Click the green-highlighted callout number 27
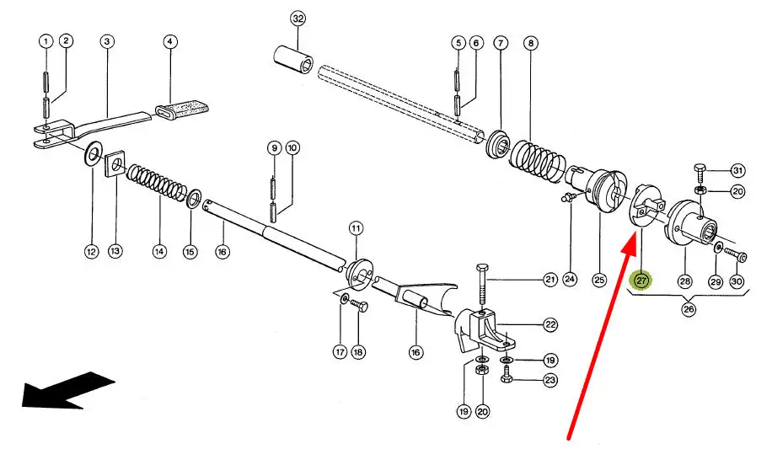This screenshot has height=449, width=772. pos(641,281)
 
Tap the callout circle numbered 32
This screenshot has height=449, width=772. pos(298,19)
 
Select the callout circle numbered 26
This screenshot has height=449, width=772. pos(689,309)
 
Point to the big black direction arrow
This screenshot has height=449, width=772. pos(68,389)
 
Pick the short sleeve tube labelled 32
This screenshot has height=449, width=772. pos(293,60)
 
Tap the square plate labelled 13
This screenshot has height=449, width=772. pos(115,164)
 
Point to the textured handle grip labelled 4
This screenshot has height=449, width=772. pos(182,110)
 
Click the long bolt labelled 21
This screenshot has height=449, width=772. pos(482,285)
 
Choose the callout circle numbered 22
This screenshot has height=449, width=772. pos(550,324)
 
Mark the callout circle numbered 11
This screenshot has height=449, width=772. pos(356,228)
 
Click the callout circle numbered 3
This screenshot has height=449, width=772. pos(107,41)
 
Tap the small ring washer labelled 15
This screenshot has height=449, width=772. pos(193,199)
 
